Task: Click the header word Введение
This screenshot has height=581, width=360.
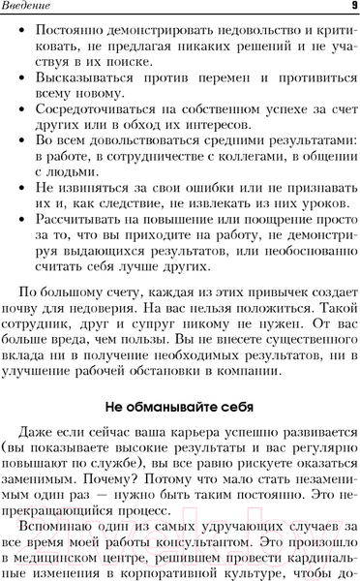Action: point(31,8)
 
